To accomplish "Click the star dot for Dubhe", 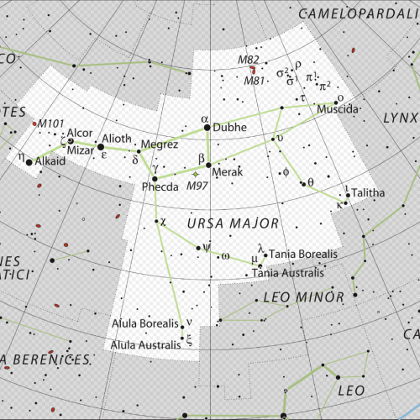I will pyautogui.click(x=205, y=129).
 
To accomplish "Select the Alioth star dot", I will pyautogui.click(x=101, y=145).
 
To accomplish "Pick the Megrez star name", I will pyautogui.click(x=159, y=144).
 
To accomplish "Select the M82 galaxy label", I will pyautogui.click(x=249, y=60).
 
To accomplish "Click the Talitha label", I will pyautogui.click(x=368, y=192).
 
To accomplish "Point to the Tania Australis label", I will pyautogui.click(x=288, y=272).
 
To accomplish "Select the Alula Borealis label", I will pyautogui.click(x=146, y=323).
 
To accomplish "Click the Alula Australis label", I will pyautogui.click(x=144, y=344).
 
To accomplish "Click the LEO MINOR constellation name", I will pyautogui.click(x=303, y=297).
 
